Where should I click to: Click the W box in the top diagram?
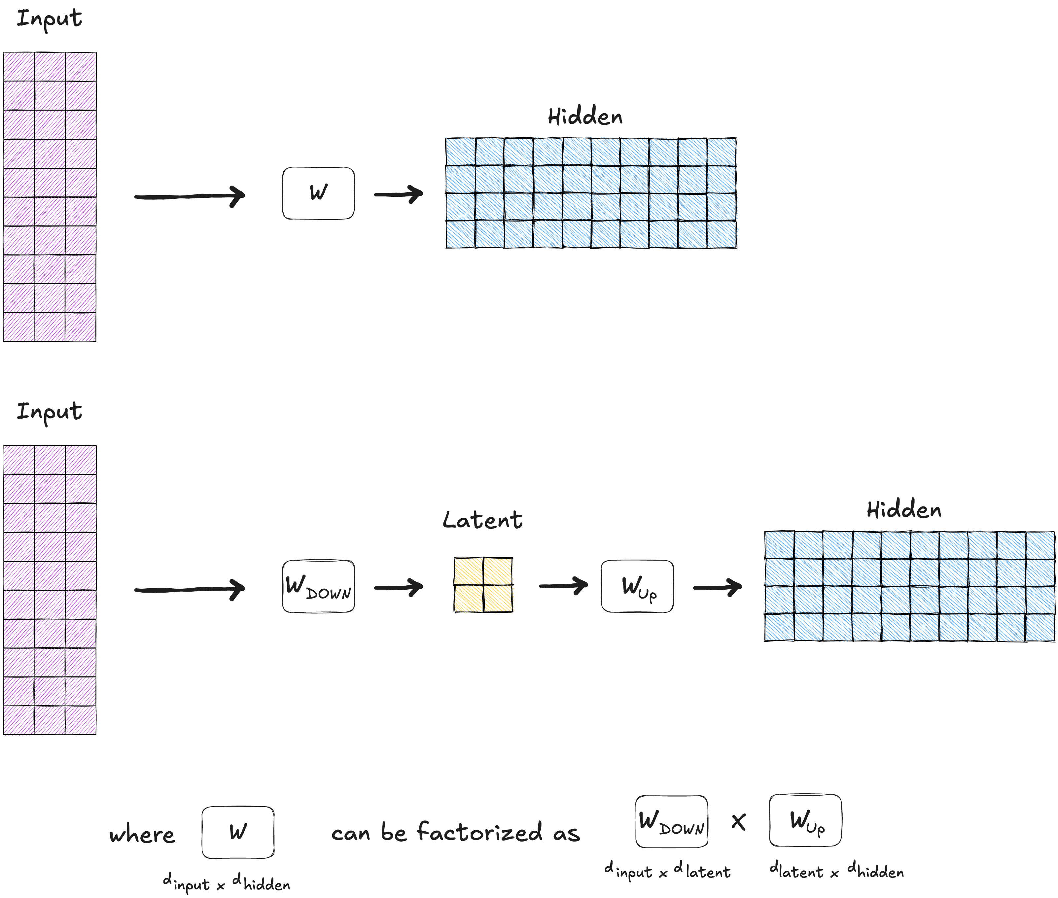(318, 193)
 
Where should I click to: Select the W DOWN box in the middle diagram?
(318, 586)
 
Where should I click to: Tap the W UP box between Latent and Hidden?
(637, 586)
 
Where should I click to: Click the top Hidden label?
(585, 117)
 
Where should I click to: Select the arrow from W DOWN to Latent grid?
(398, 587)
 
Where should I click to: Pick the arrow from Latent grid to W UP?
(563, 586)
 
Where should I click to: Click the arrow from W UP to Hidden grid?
(717, 587)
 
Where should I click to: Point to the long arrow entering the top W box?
(190, 196)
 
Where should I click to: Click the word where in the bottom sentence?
(142, 835)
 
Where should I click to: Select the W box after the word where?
(238, 832)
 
